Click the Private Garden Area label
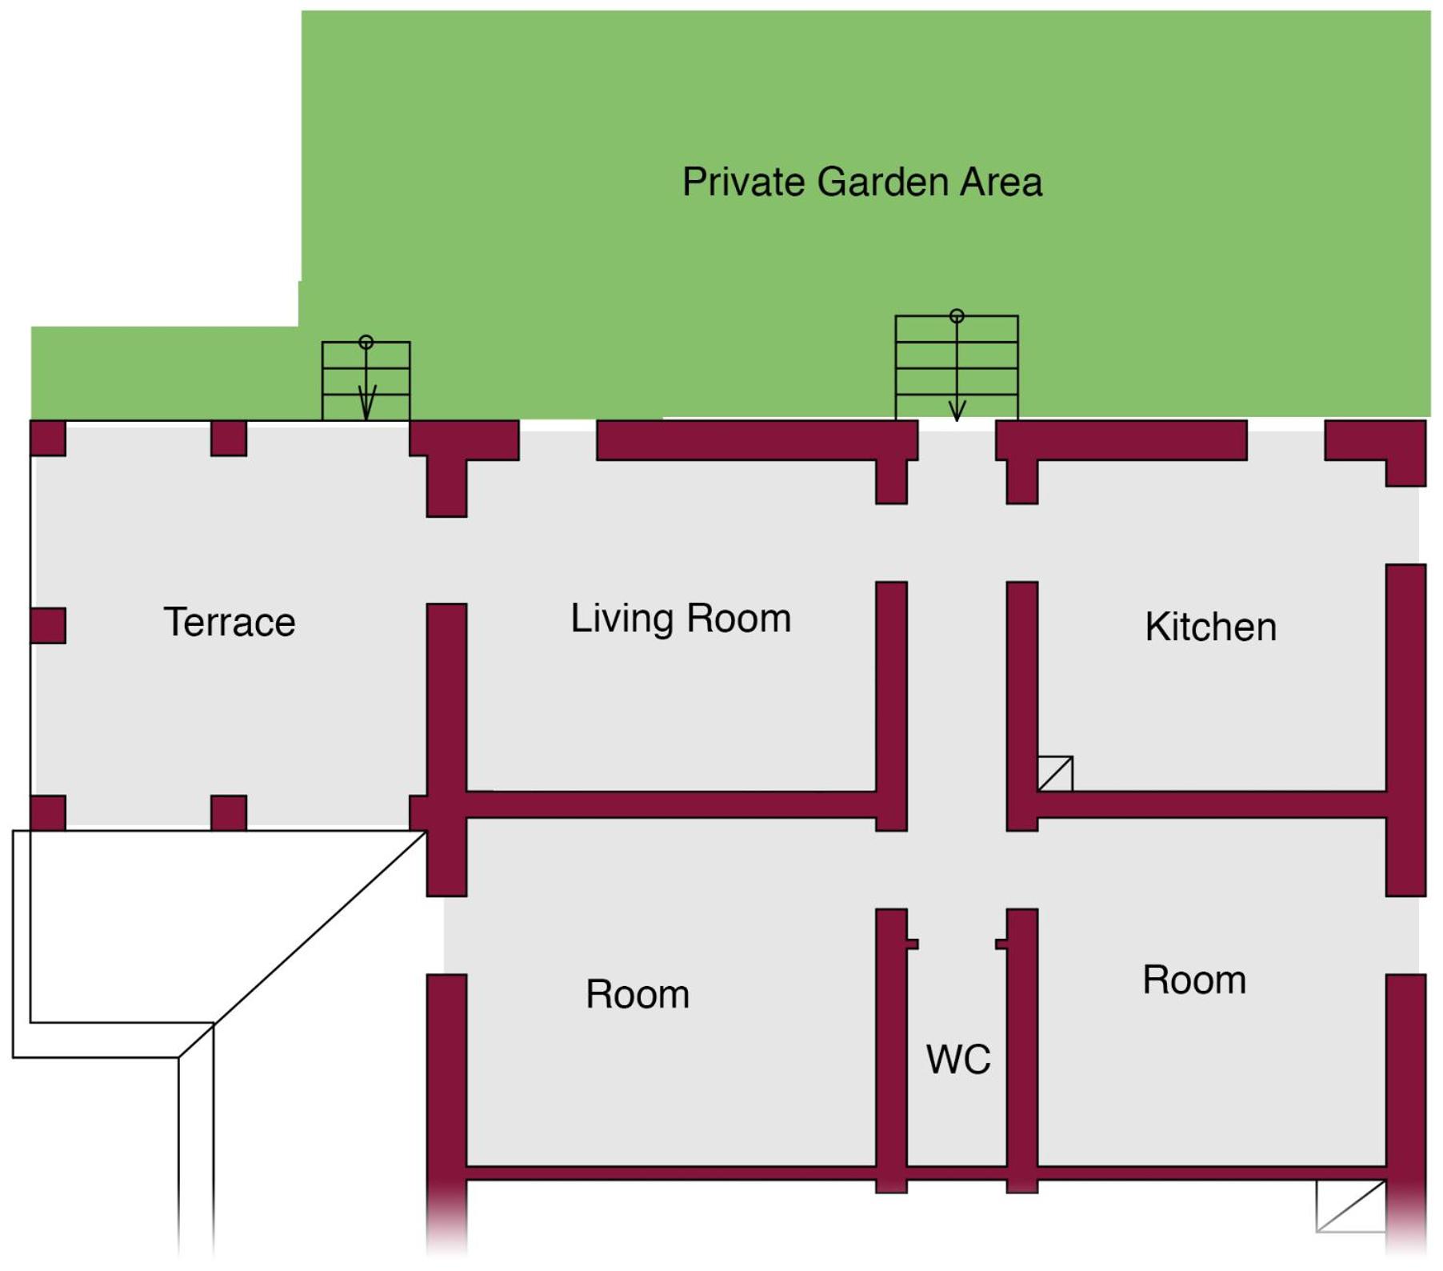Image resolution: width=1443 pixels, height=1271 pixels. pos(861,182)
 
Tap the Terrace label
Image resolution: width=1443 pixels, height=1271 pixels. pos(230,622)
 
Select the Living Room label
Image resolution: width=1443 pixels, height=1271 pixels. pos(681,619)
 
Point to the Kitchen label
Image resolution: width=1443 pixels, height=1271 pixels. pos(1210,627)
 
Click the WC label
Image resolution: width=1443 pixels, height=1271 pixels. pos(958,1059)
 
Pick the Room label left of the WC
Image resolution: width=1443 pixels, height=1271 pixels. pos(638,994)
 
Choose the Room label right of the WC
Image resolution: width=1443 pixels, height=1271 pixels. pos(1194,980)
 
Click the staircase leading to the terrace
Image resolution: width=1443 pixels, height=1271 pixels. pos(366,381)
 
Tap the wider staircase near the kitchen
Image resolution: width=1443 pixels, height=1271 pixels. pos(957,367)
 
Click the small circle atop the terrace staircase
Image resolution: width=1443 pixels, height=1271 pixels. pos(366,343)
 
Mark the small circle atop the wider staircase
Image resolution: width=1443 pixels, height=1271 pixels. pos(957,316)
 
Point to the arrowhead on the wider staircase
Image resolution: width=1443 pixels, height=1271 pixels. pos(957,411)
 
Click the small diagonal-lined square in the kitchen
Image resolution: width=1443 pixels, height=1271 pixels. pos(1055,774)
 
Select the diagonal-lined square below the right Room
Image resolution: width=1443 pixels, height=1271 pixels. pos(1351,1206)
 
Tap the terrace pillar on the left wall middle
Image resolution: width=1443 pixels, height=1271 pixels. pos(48,625)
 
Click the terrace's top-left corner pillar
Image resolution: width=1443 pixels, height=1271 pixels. pos(48,438)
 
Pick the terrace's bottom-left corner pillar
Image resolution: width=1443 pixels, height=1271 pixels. pos(48,812)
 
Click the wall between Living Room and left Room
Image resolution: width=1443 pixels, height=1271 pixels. pos(672,805)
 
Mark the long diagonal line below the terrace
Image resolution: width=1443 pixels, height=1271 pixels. pos(302,944)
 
